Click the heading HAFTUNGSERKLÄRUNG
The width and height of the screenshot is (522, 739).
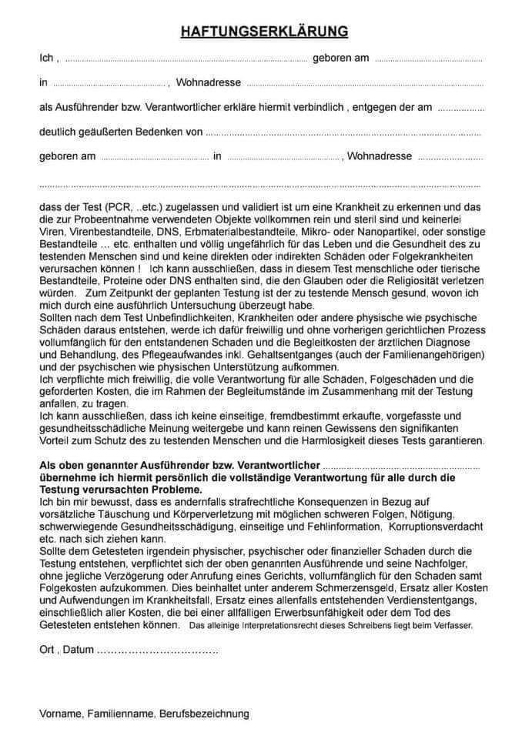(264, 32)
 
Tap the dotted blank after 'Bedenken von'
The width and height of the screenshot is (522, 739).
(343, 132)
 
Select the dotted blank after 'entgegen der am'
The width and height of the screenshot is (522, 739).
(461, 108)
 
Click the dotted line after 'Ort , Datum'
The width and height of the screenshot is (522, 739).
(157, 650)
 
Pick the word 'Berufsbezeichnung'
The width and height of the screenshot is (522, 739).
(205, 714)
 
